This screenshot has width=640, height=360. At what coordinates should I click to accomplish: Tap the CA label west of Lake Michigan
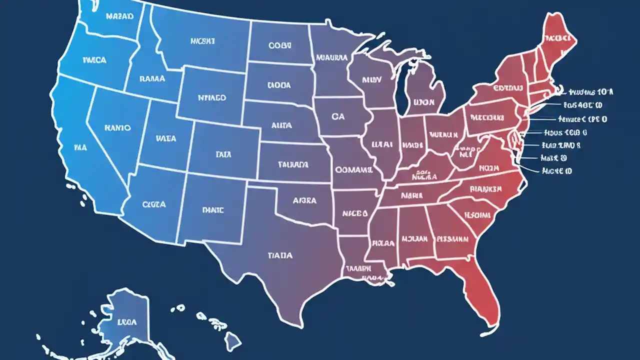coord(338,116)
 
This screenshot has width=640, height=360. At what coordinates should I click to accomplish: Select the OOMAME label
coord(353,170)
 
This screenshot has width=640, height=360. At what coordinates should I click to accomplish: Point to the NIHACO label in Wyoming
coord(211,98)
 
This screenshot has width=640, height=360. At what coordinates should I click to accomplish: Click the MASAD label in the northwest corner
coord(119,16)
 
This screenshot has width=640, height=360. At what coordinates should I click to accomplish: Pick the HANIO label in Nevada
coord(117,128)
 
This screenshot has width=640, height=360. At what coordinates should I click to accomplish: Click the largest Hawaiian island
coord(232,342)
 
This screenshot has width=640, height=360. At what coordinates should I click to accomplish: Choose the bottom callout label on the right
coord(557,171)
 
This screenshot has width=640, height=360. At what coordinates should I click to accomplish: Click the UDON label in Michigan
coord(424,102)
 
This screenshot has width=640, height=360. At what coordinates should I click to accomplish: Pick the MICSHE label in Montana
coord(202,41)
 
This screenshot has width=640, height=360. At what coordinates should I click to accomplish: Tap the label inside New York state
coord(507,88)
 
